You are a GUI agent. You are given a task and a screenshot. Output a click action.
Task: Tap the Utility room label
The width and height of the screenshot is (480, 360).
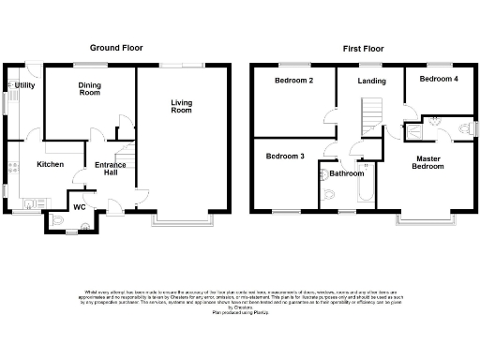pyautogui.click(x=25, y=85)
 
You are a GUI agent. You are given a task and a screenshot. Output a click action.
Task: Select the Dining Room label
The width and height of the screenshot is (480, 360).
pyautogui.click(x=89, y=87)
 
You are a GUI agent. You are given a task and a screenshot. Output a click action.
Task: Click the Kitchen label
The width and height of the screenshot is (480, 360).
pyautogui.click(x=50, y=164)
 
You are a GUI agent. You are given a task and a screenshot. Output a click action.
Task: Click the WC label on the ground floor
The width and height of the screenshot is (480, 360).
pyautogui.click(x=80, y=206)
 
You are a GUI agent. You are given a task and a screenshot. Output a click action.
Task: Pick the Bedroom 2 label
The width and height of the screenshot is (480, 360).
pyautogui.click(x=293, y=81)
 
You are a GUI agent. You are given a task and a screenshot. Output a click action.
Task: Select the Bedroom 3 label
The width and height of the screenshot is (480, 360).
pyautogui.click(x=285, y=156)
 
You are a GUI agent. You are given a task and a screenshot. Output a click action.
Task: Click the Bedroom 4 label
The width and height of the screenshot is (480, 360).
pyautogui.click(x=439, y=80)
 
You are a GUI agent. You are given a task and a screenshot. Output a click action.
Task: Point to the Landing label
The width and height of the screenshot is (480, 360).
pyautogui.click(x=372, y=82)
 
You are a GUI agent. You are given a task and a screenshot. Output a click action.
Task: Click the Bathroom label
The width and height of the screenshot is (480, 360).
pyautogui.click(x=347, y=173)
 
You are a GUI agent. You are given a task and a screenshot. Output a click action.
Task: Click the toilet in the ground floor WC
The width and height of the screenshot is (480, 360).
pyautogui.click(x=59, y=220)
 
